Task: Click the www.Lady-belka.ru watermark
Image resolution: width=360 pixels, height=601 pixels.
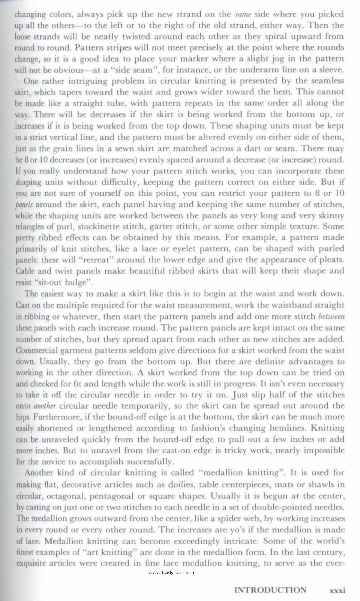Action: (171, 572)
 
